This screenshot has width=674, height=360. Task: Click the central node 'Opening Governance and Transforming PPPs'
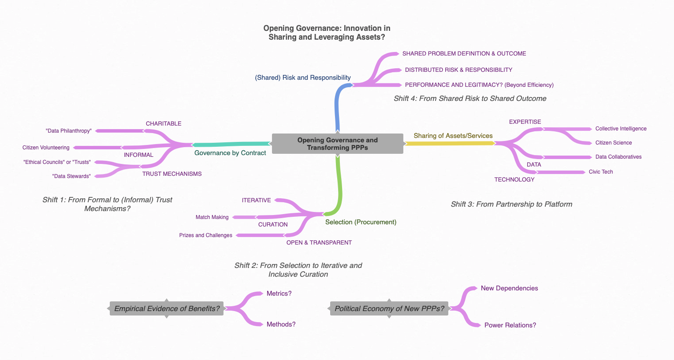pyautogui.click(x=337, y=144)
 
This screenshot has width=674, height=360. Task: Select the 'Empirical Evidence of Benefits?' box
pyautogui.click(x=167, y=308)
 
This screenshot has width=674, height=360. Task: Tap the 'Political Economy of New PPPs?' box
pyautogui.click(x=389, y=308)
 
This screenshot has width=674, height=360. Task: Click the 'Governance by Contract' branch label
pyautogui.click(x=230, y=153)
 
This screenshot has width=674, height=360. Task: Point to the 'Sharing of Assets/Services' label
pyautogui.click(x=453, y=136)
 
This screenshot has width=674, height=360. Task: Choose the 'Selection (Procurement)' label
pyautogui.click(x=361, y=222)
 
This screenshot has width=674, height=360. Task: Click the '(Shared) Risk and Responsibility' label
pyautogui.click(x=303, y=78)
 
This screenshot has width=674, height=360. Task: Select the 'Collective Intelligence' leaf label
pyautogui.click(x=621, y=129)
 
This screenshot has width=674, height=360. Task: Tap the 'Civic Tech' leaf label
pyautogui.click(x=600, y=172)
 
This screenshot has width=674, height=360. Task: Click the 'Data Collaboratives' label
pyautogui.click(x=618, y=157)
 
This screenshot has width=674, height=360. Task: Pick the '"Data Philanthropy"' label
pyautogui.click(x=69, y=131)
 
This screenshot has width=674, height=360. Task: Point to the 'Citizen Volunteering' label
pyautogui.click(x=46, y=148)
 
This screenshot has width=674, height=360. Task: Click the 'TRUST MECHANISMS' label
pyautogui.click(x=172, y=174)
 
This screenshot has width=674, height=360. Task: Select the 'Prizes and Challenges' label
pyautogui.click(x=205, y=235)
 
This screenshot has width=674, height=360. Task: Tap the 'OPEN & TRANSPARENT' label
pyautogui.click(x=319, y=243)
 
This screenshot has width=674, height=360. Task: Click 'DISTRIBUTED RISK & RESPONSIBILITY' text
pyautogui.click(x=458, y=70)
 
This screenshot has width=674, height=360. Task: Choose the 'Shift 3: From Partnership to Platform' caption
pyautogui.click(x=511, y=204)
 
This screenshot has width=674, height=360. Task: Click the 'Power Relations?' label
pyautogui.click(x=510, y=325)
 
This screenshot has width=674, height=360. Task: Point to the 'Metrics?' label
pyautogui.click(x=279, y=293)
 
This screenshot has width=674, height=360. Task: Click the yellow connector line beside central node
pyautogui.click(x=450, y=143)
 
